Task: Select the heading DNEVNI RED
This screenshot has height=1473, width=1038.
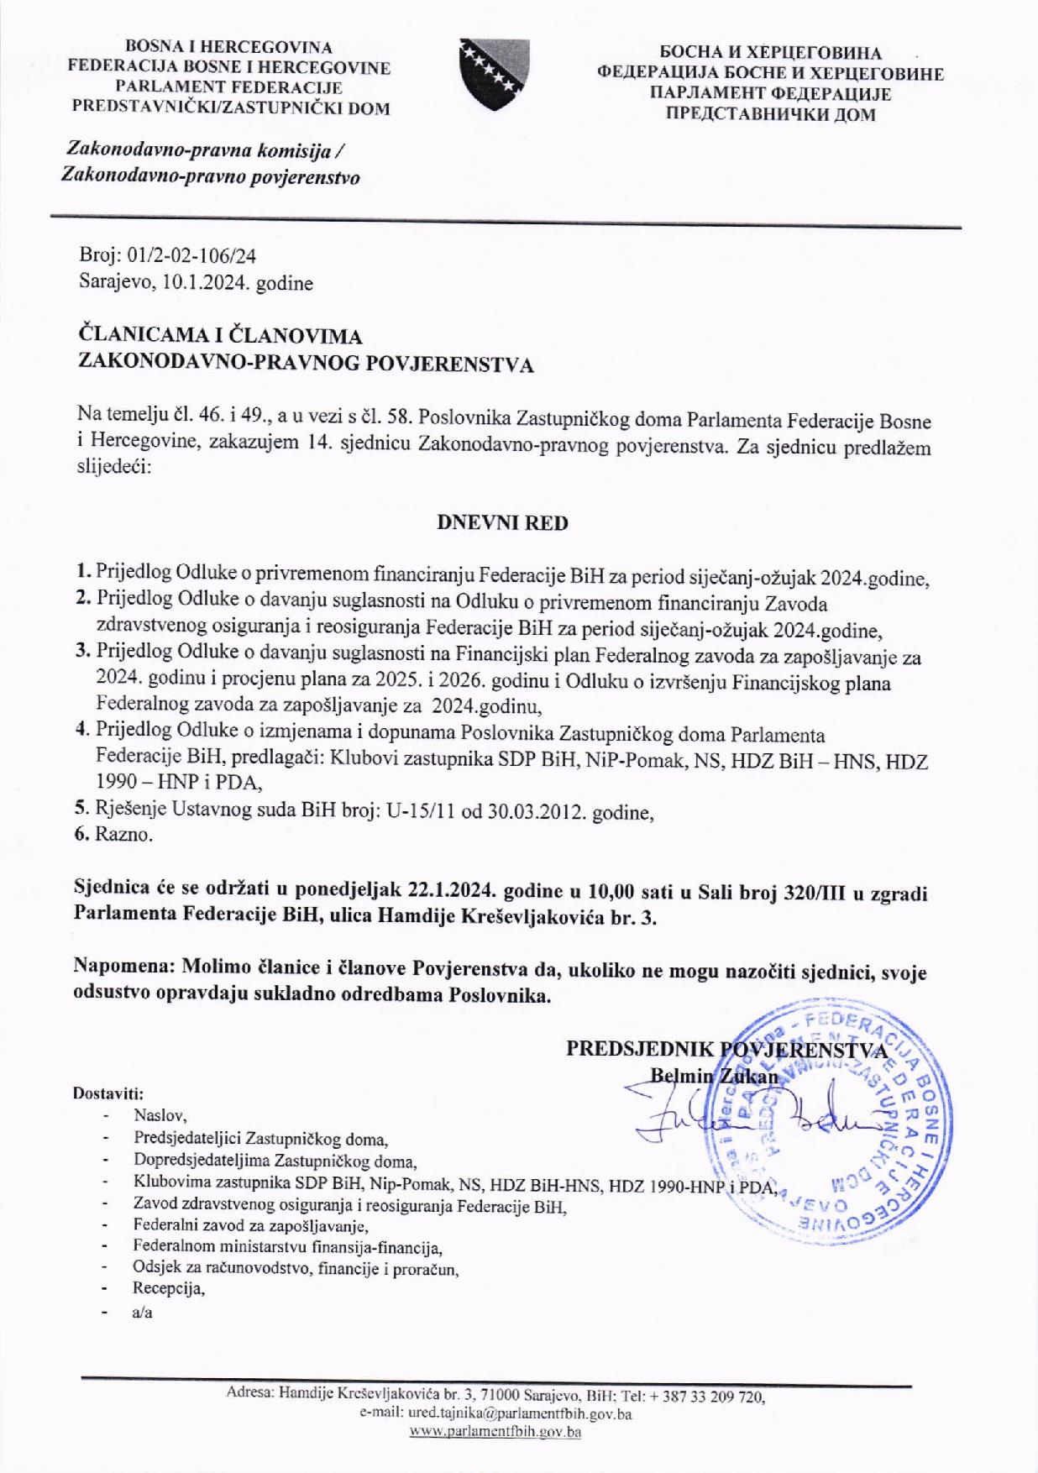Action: (x=502, y=523)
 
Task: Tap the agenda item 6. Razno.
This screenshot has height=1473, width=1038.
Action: (x=114, y=835)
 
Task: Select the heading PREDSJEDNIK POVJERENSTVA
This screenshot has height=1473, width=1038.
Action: (x=726, y=1049)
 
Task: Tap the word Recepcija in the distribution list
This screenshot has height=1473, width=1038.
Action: (x=168, y=1287)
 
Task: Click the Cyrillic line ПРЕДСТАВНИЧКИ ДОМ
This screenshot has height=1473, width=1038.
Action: (x=770, y=115)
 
